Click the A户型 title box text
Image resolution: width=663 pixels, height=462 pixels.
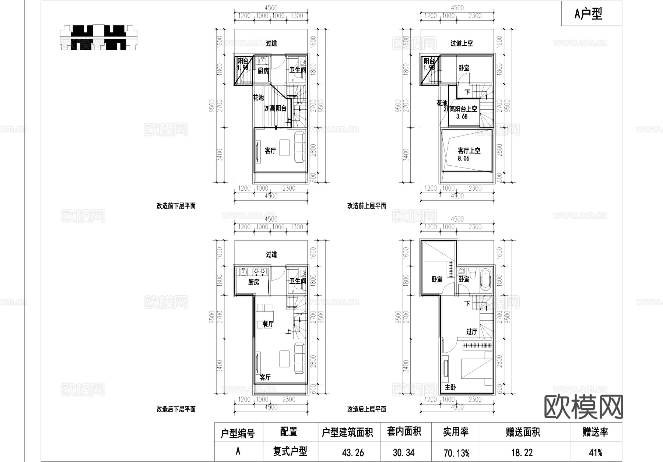coord(588,14)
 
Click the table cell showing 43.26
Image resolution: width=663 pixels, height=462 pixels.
coord(353,452)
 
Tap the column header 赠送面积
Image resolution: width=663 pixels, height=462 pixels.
coord(523,432)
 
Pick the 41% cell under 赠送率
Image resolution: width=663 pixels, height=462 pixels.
coord(595,452)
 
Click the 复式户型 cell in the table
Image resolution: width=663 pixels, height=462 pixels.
coord(290,451)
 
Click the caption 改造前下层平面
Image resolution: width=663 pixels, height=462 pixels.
coord(176,206)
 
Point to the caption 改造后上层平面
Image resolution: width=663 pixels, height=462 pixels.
coord(366,409)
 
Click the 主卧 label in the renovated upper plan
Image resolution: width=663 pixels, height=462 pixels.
coord(450,387)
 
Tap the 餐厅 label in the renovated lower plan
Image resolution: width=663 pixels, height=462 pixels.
coord(268,324)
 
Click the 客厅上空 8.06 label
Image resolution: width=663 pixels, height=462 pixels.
coord(469,154)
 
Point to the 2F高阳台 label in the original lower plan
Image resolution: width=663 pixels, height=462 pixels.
coord(275,108)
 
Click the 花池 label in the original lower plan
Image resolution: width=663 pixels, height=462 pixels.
coord(258,98)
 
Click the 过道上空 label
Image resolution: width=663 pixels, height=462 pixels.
coord(462,43)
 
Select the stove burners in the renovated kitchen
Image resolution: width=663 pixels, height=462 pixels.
coord(259,272)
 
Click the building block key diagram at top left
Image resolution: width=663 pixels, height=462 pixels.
coord(98,37)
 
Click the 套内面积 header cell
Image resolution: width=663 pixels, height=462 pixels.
coord(404,432)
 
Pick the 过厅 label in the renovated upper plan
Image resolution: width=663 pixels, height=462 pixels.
coord(471,332)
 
